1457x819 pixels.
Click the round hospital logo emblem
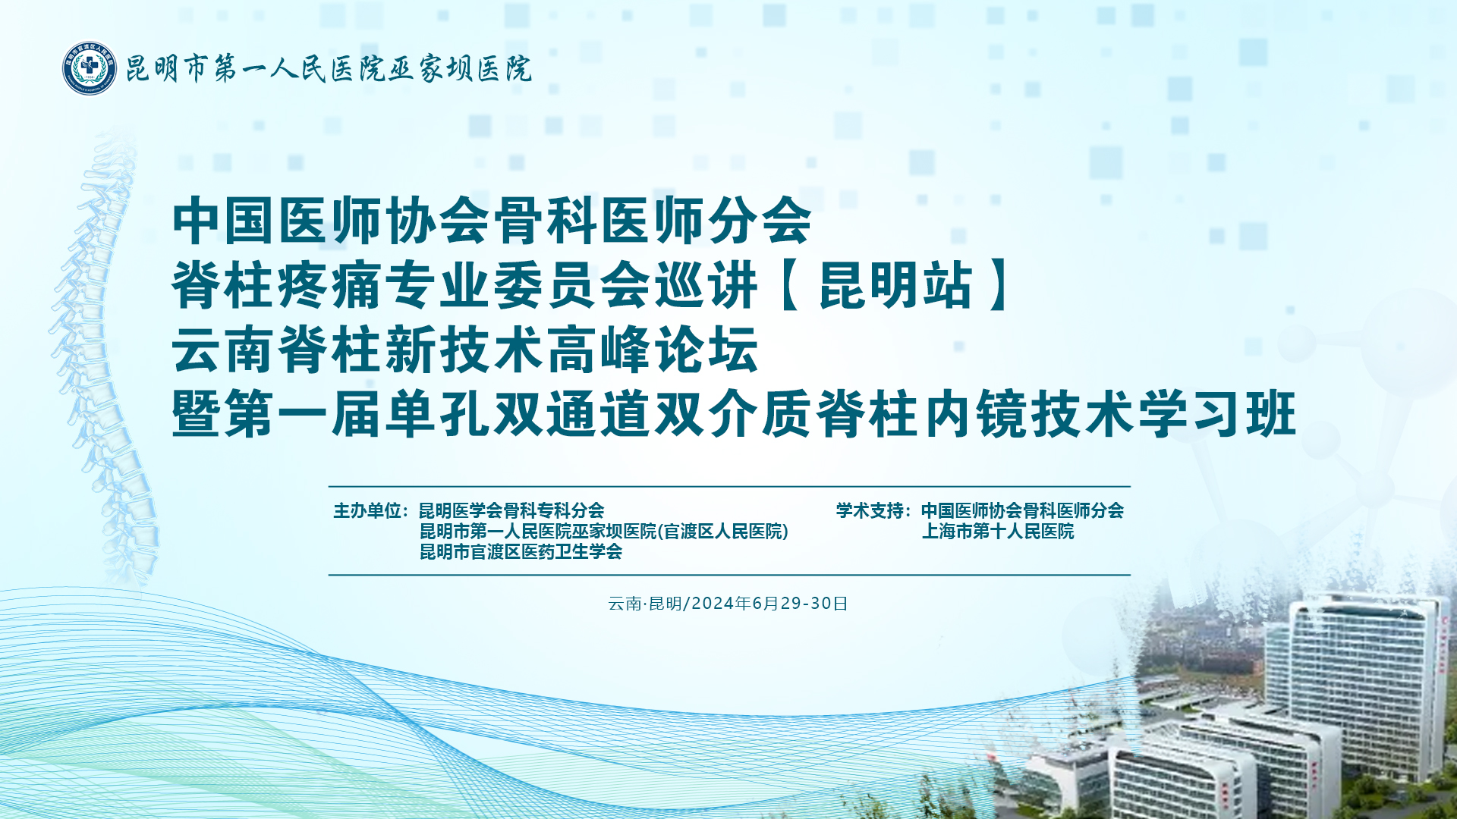[90, 68]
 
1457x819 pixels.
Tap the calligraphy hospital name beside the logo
[328, 69]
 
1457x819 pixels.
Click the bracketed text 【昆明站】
[895, 285]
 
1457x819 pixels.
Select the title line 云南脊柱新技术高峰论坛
[465, 350]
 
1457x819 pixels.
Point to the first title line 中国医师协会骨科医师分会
[492, 220]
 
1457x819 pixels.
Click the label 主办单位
[367, 510]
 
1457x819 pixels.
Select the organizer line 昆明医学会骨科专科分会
[511, 510]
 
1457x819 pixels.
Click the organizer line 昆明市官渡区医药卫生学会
[521, 551]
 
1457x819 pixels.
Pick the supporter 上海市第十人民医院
[998, 531]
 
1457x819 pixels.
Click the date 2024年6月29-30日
[769, 603]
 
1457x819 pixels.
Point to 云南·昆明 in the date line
[645, 603]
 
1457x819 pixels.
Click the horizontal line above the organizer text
[729, 486]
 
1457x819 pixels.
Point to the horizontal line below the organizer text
[729, 575]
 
